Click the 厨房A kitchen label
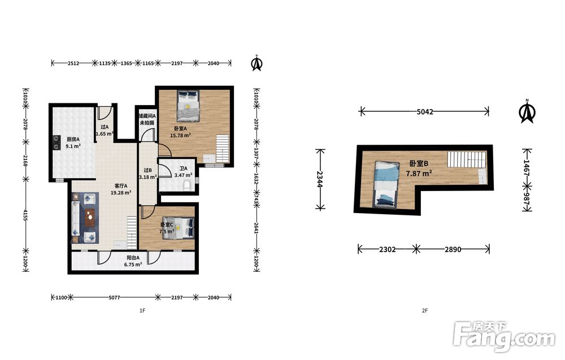(73, 139)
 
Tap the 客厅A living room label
(121, 185)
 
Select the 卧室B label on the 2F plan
(419, 163)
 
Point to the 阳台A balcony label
(133, 258)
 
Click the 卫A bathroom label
(184, 168)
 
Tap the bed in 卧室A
(188, 106)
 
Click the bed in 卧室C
(178, 228)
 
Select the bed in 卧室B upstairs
(386, 184)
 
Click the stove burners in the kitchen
(56, 142)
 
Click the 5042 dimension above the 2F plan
(425, 112)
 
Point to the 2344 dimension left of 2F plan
(320, 179)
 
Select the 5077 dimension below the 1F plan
(114, 298)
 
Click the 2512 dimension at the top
(73, 63)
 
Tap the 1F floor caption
(142, 310)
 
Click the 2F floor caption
(425, 310)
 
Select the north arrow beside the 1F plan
(257, 63)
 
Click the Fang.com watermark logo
(504, 337)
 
